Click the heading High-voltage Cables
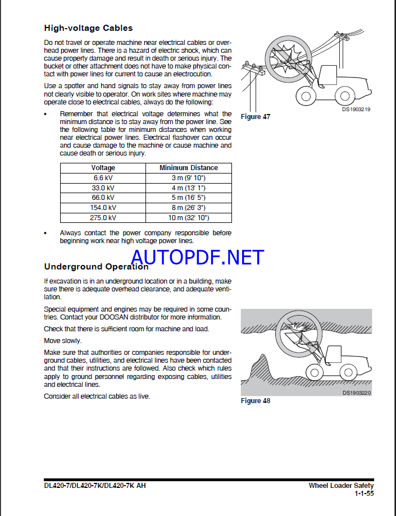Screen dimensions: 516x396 point(88,28)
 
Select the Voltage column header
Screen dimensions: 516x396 point(103,168)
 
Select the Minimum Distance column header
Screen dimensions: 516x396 point(188,168)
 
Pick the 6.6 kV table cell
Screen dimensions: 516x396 point(103,177)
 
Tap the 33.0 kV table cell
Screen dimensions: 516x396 point(103,188)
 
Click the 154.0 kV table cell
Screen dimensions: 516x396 point(103,208)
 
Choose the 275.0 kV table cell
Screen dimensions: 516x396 point(103,218)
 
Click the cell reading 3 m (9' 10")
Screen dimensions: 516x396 point(188,177)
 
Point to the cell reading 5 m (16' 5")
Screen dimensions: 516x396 point(188,198)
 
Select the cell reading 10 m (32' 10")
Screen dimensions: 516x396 point(188,218)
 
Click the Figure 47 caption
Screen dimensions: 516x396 point(255,117)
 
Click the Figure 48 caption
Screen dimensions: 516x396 point(255,401)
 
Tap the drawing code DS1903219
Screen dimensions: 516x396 point(356,109)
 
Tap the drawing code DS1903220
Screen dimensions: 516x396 point(357,393)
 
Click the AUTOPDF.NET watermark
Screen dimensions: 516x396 point(197,257)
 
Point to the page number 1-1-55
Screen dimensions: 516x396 point(364,494)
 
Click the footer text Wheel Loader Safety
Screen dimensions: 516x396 point(341,486)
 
